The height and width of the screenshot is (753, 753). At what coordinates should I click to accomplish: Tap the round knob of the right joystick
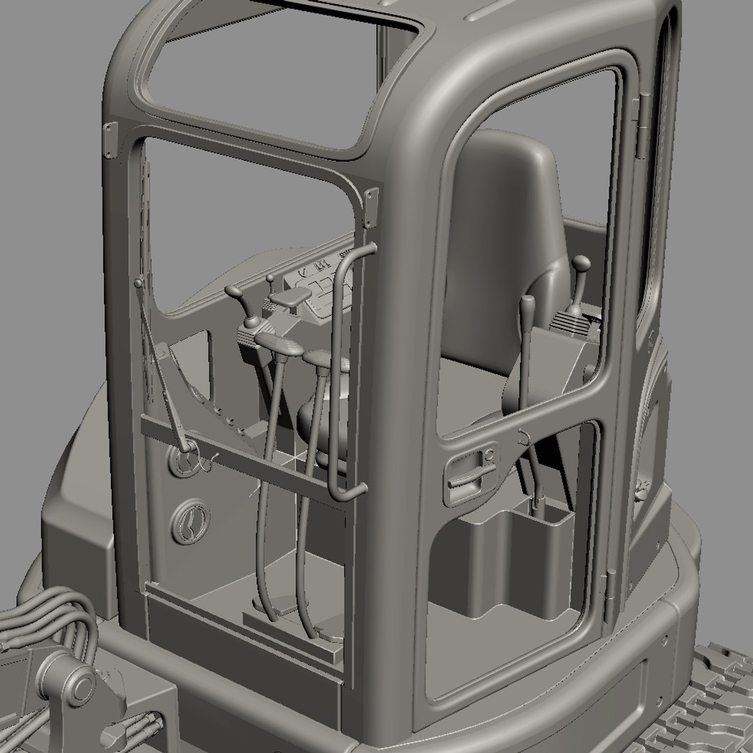[580, 264]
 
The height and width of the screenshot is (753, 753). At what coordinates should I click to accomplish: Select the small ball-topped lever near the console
[271, 280]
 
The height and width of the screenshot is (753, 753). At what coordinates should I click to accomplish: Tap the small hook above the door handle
[522, 438]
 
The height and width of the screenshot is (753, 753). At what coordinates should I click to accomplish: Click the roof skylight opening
[279, 77]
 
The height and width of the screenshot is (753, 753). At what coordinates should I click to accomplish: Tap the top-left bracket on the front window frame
[110, 139]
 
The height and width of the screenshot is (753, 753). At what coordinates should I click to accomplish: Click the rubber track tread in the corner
[711, 704]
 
